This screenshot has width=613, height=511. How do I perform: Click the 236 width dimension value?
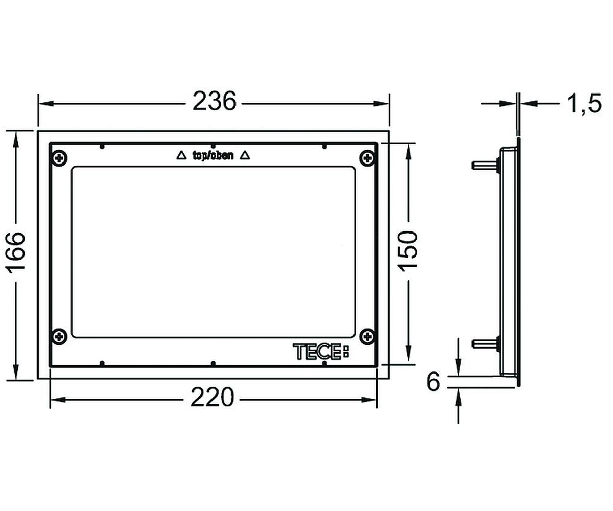[215, 101]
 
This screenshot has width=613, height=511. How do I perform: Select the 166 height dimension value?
[16, 252]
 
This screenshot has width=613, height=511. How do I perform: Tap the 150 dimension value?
[408, 251]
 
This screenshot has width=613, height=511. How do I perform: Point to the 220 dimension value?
[213, 397]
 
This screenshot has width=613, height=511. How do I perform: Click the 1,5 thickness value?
[584, 104]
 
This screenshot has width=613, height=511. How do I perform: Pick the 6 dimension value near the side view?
[433, 382]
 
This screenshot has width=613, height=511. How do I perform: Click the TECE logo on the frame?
[321, 352]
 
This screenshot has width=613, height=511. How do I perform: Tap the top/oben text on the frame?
[213, 155]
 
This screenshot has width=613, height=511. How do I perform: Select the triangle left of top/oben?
[181, 155]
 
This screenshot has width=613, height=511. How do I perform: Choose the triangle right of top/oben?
[245, 155]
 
